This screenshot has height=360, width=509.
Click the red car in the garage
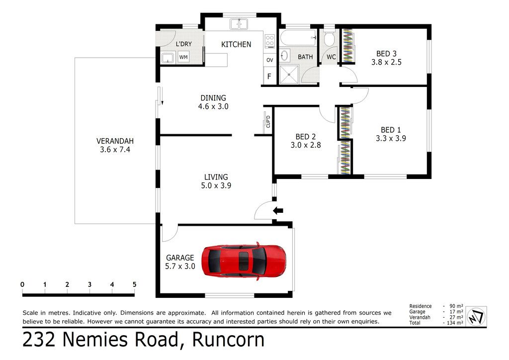click(244, 261)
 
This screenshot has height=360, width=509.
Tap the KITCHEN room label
click(236, 44)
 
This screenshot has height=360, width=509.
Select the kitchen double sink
click(239, 24)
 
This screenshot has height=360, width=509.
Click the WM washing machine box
click(183, 58)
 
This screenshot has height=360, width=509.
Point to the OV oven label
click(270, 60)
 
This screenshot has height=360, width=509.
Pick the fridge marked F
click(269, 76)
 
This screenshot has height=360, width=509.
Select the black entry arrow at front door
click(278, 211)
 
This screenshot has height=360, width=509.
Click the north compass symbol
click(476, 316)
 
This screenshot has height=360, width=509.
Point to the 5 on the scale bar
click(134, 284)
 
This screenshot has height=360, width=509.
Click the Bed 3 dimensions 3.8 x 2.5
click(386, 62)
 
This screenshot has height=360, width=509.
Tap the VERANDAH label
click(115, 141)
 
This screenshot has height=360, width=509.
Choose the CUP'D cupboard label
click(268, 121)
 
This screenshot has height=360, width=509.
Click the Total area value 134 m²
click(454, 323)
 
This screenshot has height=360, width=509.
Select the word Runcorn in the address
click(228, 340)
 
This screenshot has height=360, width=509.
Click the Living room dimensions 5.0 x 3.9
click(216, 185)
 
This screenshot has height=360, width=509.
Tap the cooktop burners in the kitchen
click(270, 42)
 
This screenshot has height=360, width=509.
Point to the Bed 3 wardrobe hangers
click(347, 45)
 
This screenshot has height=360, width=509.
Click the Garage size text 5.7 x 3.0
click(180, 266)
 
